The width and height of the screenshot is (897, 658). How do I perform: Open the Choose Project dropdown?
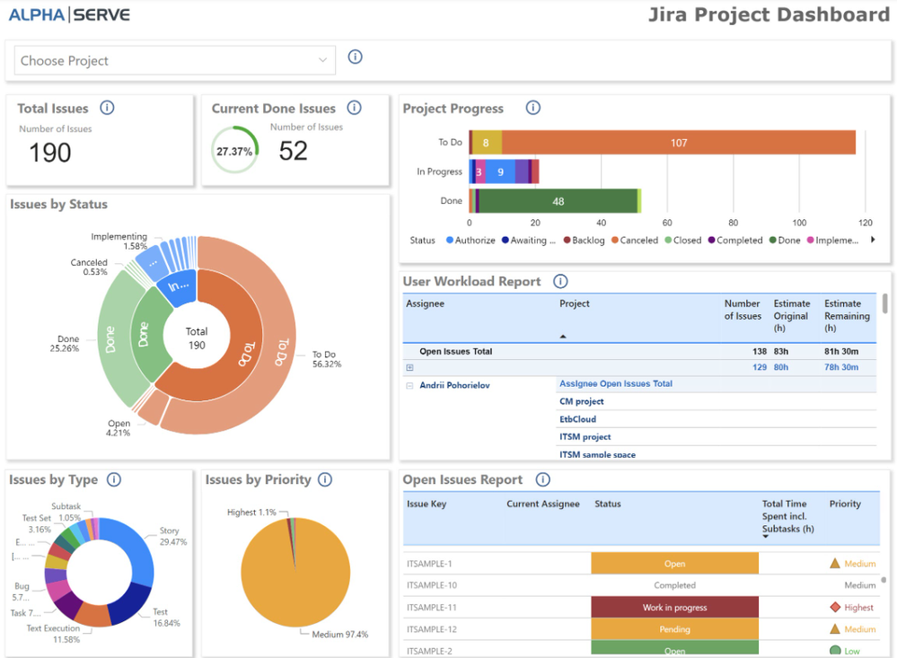[x=174, y=61]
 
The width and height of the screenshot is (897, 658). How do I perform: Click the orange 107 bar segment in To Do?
[x=678, y=143]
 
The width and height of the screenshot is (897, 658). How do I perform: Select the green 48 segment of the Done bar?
[x=557, y=201]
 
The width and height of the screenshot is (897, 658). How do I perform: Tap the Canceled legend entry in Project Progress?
[x=638, y=241]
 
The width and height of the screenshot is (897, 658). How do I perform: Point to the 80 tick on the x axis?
[x=734, y=223]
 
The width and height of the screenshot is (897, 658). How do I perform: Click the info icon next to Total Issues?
[x=107, y=109]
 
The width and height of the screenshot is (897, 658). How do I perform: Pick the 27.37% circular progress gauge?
[x=234, y=152]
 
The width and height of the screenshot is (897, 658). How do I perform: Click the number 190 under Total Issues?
[x=50, y=153]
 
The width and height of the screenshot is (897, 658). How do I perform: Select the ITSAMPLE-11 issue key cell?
[x=433, y=608]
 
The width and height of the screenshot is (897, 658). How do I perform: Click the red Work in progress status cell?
[x=674, y=608]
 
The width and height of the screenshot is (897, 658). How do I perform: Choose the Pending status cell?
[x=674, y=629]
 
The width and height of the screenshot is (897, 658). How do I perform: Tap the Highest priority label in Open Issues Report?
[x=858, y=608]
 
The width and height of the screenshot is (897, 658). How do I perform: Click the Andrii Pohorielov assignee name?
[x=454, y=385]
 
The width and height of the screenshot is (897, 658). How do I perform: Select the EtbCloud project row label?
[x=577, y=419]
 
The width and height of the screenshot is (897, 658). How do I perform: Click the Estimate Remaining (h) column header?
[x=847, y=315]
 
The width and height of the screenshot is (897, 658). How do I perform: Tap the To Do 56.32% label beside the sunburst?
[x=327, y=359]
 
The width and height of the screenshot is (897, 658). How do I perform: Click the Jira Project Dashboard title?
[x=769, y=14]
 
